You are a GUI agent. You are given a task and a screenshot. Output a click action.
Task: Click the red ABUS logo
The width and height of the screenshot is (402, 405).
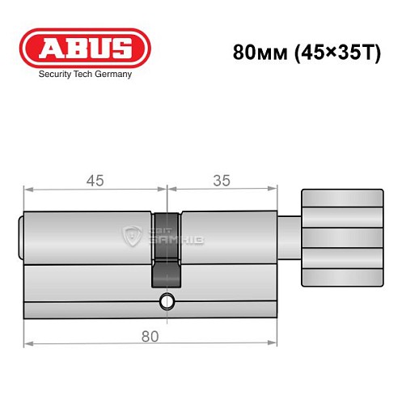click(84, 48)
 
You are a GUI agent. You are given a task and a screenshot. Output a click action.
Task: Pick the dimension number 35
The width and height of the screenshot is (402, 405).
click(218, 181)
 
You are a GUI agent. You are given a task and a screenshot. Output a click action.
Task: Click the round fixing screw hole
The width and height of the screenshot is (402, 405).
click(167, 302)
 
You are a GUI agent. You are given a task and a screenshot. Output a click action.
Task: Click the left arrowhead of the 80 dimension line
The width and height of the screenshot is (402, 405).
click(28, 344)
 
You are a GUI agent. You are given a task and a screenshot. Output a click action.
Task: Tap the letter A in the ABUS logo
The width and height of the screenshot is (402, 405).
click(48, 48)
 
